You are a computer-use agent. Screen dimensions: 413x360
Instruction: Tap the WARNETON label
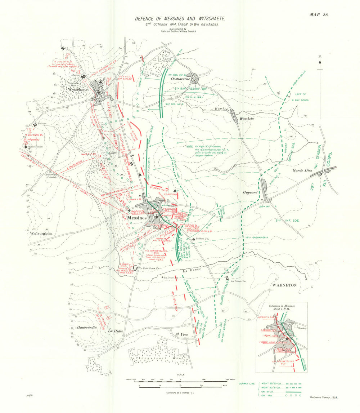284,285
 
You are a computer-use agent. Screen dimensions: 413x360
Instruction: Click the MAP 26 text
319,15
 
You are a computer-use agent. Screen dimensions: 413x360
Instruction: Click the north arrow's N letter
320,56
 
